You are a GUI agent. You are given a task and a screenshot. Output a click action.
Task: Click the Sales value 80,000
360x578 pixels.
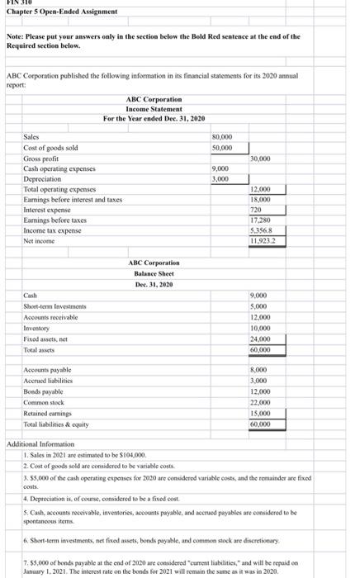[x=223, y=137]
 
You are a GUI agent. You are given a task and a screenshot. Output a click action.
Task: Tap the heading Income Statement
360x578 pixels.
[x=154, y=109]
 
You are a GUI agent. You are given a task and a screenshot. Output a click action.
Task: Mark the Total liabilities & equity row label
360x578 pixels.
[x=58, y=423]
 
